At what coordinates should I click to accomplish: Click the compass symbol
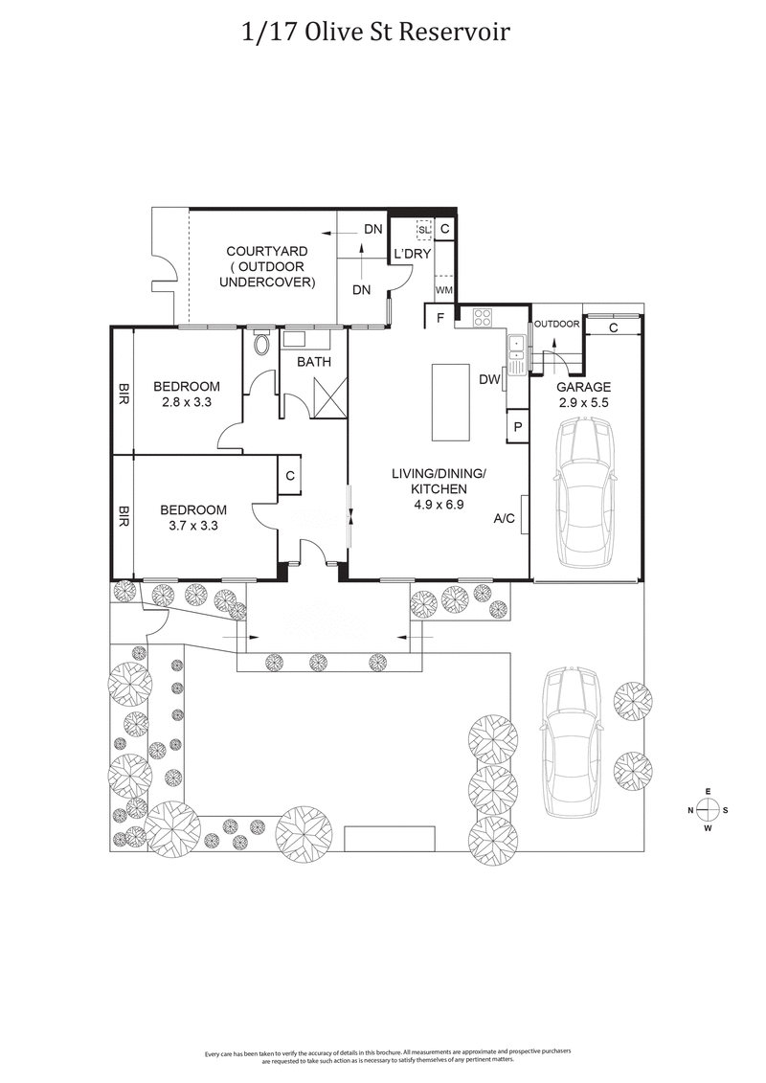(x=708, y=810)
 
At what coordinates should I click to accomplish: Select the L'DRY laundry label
(x=413, y=254)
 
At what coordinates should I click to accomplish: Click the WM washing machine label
(x=443, y=288)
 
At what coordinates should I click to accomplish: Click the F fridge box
(x=439, y=317)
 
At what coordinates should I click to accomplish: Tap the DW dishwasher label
(x=490, y=379)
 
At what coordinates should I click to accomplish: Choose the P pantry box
(x=517, y=426)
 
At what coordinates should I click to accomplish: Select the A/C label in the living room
(x=506, y=518)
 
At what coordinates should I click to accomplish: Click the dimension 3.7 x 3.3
(x=193, y=526)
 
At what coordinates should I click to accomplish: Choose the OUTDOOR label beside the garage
(x=556, y=324)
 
